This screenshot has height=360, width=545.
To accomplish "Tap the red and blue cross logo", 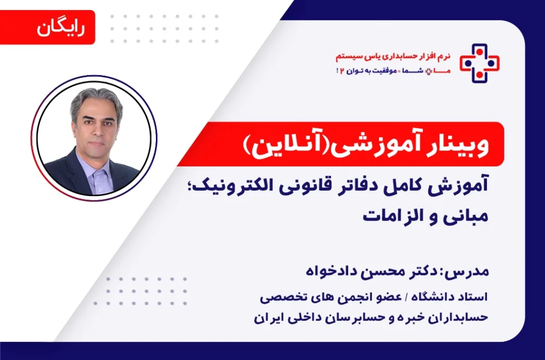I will tap(480, 63).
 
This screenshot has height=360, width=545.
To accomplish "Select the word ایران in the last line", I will tap(267, 318).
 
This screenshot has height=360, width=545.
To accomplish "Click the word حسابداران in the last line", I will tap(459, 318).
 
